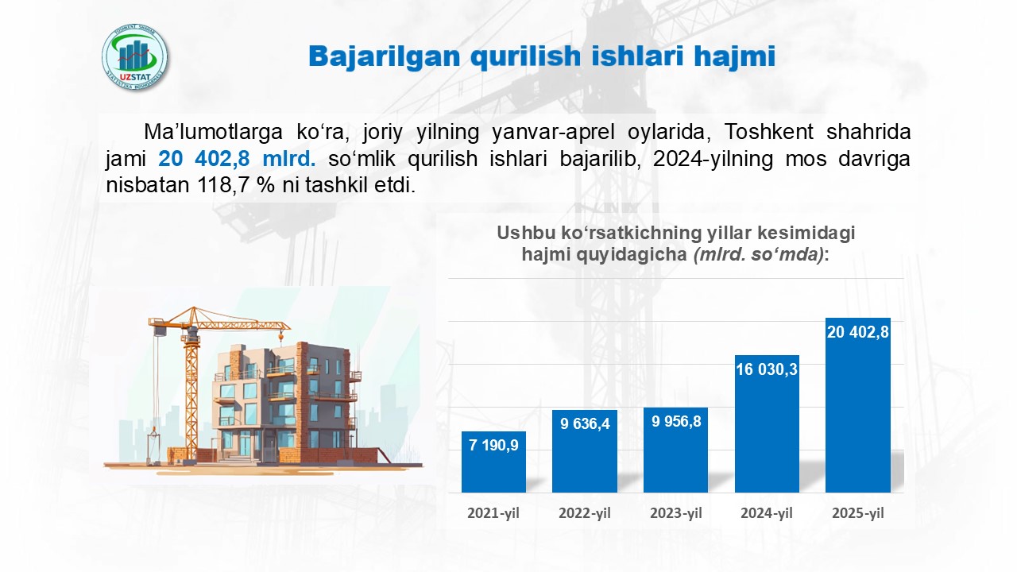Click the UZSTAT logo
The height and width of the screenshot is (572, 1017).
pos(135,57)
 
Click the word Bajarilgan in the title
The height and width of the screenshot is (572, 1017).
pos(385,56)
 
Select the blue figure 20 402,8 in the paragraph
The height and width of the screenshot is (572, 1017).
pos(204,159)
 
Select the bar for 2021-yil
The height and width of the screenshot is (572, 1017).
pos(493,462)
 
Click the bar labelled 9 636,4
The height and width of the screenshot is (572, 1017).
pos(585,451)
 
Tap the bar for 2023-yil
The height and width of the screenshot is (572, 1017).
pos(675,450)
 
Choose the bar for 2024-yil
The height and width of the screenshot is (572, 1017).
pos(767,423)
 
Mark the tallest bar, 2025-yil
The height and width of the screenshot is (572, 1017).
pos(858,405)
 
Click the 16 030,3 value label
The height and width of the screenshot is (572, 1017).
pos(767,369)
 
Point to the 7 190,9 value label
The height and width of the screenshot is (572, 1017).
pos(493,446)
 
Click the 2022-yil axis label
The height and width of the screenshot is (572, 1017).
pos(585,513)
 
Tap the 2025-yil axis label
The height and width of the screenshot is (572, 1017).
pos(858,513)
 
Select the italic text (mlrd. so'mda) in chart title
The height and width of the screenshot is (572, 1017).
pos(759,254)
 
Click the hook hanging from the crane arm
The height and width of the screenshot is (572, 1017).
pos(281,338)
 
